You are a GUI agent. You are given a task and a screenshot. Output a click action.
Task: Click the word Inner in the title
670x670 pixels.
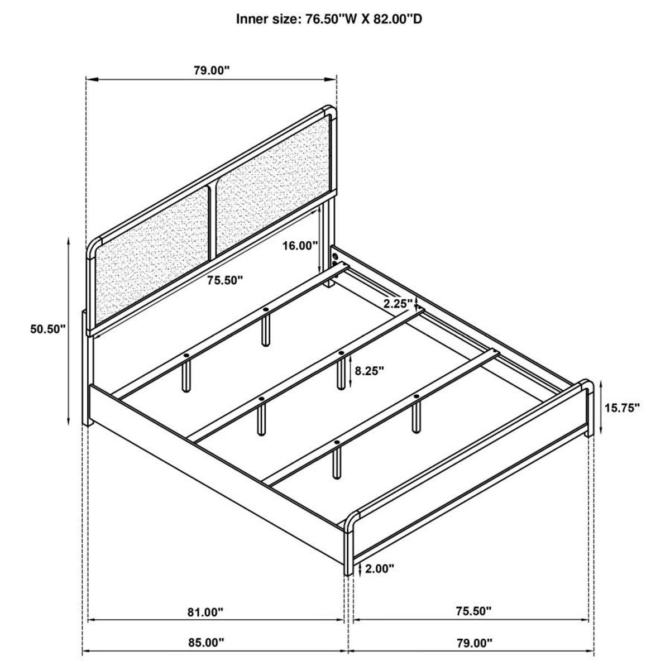252,20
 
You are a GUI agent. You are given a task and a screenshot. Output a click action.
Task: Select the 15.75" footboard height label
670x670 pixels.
621,408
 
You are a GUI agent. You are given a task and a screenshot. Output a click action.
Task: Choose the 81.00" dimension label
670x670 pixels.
205,612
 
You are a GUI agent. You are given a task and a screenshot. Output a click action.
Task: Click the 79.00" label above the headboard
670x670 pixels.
212,70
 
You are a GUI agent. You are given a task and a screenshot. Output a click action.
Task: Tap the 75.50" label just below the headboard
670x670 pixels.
224,280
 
